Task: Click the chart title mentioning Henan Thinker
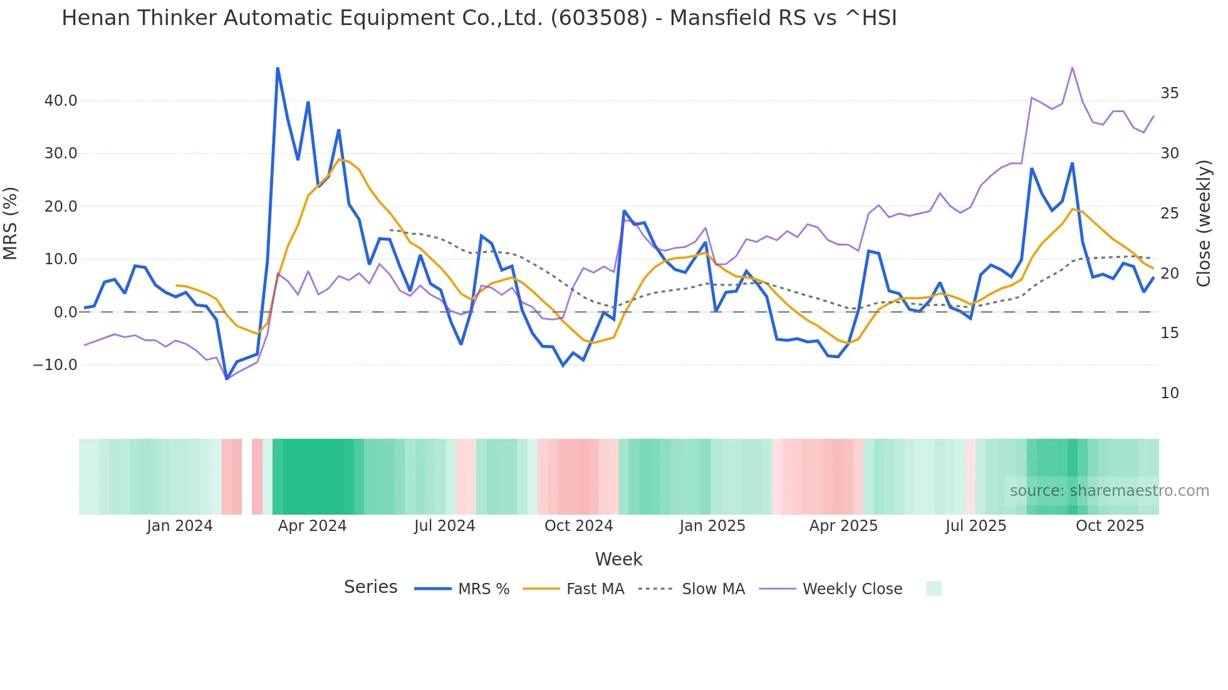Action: click(x=479, y=18)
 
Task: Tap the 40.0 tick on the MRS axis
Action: click(x=61, y=101)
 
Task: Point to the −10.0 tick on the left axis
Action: click(x=56, y=365)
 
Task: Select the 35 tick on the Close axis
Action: click(x=1169, y=93)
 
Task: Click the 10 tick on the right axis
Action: click(x=1169, y=393)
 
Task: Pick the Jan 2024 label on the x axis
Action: click(x=180, y=526)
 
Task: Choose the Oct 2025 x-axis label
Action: click(x=1110, y=526)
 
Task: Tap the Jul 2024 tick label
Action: click(x=444, y=526)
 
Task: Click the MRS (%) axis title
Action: click(x=11, y=223)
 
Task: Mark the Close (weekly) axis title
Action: click(x=1203, y=223)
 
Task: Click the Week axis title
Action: click(x=618, y=559)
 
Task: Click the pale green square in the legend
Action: click(x=934, y=589)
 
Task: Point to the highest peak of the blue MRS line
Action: click(x=278, y=68)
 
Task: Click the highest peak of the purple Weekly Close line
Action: click(x=1073, y=68)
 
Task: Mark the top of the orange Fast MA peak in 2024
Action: click(x=339, y=159)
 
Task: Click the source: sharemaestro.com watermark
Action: click(x=1109, y=491)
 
